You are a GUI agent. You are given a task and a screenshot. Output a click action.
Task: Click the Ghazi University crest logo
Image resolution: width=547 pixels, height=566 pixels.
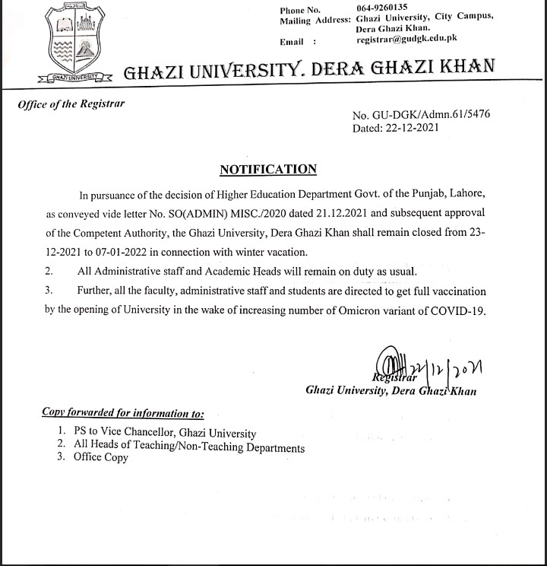click(x=72, y=42)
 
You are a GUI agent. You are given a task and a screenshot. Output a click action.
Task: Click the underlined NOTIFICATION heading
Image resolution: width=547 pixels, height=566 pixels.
click(x=268, y=169)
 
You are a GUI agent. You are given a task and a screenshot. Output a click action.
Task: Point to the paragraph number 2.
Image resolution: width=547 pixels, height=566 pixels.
click(x=49, y=271)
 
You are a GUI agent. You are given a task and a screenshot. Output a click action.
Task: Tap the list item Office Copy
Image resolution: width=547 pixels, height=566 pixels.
click(x=101, y=457)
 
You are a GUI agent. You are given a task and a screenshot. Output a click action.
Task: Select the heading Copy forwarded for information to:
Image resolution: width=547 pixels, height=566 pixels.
click(x=122, y=413)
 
